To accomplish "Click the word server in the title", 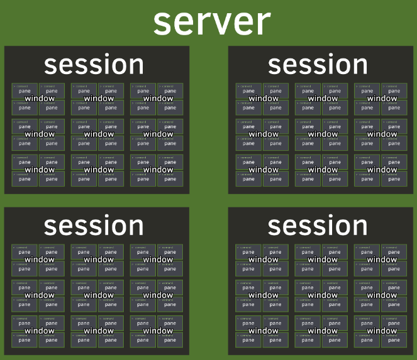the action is pos(212,23).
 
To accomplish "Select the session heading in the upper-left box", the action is pos(94,65).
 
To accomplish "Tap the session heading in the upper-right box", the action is pos(318,65).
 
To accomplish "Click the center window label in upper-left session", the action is pos(99,134).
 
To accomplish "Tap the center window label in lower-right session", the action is pos(323,295).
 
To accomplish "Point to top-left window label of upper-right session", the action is pos(264,99).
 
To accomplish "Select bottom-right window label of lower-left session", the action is pos(158,330).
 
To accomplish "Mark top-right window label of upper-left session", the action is pos(158,99).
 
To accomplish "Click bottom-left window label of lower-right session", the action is pos(264,330).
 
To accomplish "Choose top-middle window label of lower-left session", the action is pos(99,259).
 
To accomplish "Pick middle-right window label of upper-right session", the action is pos(382,134).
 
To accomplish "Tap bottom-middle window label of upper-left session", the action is pos(99,170).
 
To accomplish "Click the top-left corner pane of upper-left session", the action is pos(25,90).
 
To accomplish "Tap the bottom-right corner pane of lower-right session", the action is pos(394,340).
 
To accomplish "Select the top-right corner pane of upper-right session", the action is pos(394,90).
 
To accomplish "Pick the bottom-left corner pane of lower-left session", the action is pos(25,340).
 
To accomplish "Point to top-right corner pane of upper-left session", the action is pos(170,90).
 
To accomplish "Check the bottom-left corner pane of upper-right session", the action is pos(248,179).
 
